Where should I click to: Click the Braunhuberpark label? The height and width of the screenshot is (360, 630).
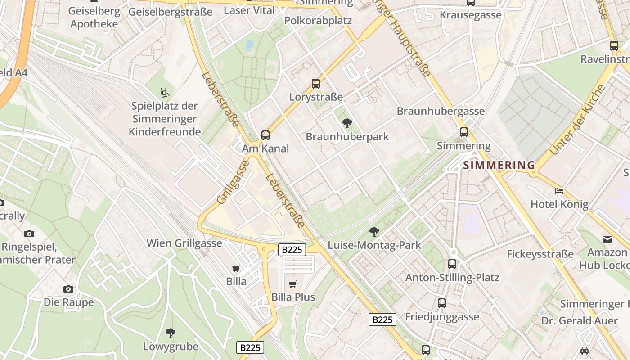[347, 137]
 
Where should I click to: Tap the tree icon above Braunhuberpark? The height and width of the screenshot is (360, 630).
[347, 123]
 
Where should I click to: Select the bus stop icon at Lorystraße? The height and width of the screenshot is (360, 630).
[316, 83]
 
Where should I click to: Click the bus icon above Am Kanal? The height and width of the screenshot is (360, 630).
[265, 135]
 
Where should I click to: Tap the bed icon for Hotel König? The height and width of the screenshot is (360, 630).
[559, 191]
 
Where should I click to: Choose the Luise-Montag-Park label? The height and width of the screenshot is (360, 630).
[374, 245]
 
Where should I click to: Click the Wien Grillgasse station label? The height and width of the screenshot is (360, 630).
[184, 243]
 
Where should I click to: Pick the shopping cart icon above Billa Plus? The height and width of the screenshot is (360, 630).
[293, 284]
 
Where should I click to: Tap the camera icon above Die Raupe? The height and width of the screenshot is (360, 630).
[68, 289]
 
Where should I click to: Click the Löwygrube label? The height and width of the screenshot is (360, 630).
[171, 346]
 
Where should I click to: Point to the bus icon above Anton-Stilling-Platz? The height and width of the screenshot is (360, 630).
[452, 264]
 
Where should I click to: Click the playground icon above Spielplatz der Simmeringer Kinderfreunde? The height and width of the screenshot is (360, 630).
[165, 93]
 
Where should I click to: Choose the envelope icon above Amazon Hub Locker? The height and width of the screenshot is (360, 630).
[607, 239]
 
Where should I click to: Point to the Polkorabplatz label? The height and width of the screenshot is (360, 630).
[318, 21]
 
